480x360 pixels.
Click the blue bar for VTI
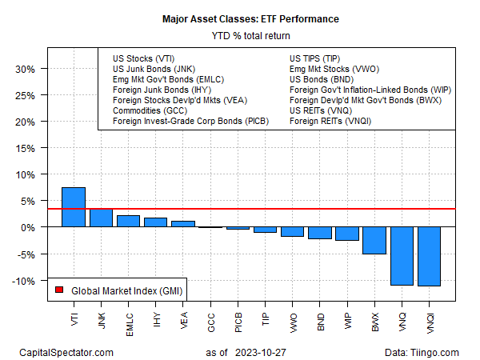(x=73, y=207)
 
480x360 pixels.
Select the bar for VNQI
(x=429, y=256)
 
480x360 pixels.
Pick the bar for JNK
(x=100, y=218)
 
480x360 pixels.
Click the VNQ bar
(x=402, y=256)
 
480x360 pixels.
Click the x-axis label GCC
(x=210, y=318)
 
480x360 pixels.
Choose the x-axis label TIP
(x=265, y=317)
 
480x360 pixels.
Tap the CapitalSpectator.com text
(x=66, y=352)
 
